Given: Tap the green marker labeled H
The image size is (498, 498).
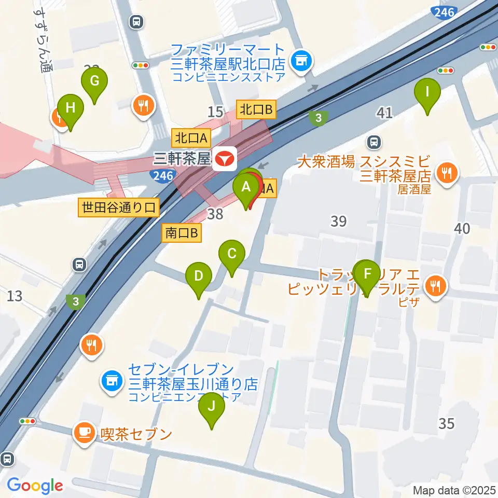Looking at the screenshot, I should (x=71, y=108).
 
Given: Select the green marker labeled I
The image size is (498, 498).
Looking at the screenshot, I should (x=427, y=93).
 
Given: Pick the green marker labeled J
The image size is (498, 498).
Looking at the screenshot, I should (x=212, y=407).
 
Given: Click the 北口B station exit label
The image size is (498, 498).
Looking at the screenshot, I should (x=256, y=109).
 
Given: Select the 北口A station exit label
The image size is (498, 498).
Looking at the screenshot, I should (x=191, y=138).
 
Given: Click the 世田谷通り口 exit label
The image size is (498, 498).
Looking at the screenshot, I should (x=119, y=208).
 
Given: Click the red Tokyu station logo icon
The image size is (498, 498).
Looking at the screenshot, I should (x=226, y=157).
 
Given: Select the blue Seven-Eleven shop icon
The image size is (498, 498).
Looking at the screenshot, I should (x=110, y=381).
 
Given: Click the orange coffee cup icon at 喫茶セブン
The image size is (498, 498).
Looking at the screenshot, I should (x=84, y=432).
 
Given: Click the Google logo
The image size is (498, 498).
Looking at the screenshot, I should (x=35, y=486).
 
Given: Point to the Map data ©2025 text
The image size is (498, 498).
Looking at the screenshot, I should (x=454, y=490).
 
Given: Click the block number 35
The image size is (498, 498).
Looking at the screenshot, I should (x=446, y=424).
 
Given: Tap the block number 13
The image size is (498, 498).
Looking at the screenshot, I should (x=15, y=296).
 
